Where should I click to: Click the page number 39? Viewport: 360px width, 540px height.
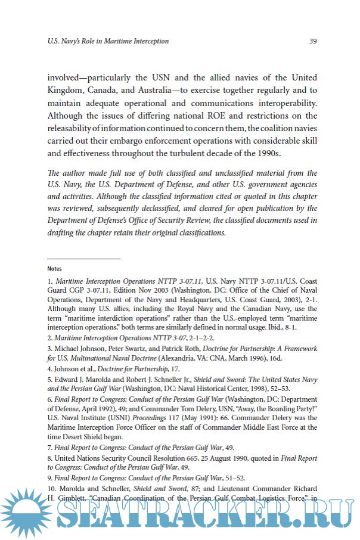tap(312, 41)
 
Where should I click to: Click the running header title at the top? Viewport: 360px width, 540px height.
tap(108, 41)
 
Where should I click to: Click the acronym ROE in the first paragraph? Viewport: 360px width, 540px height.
tap(225, 116)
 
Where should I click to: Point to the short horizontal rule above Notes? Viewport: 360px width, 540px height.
tap(83, 259)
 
